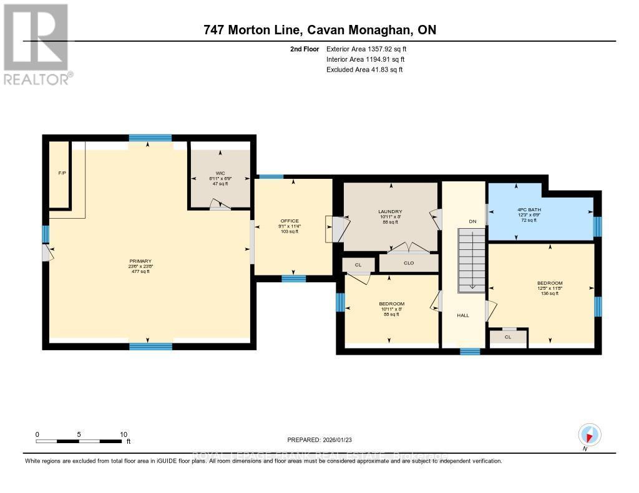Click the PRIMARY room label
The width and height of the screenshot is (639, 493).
140,261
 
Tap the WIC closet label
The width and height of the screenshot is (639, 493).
220,173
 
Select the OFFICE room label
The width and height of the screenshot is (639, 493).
290,221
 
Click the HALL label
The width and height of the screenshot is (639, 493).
462,315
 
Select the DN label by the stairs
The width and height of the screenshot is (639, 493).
472,221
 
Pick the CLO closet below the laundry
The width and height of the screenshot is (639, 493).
409,263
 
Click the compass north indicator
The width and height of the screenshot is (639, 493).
589,435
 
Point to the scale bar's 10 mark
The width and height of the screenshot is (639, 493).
124,434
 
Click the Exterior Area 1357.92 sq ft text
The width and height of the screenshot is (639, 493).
368,49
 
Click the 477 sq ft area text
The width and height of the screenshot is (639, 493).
140,272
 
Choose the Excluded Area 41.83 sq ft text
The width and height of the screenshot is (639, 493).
364,70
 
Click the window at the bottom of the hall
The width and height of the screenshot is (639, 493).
470,352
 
